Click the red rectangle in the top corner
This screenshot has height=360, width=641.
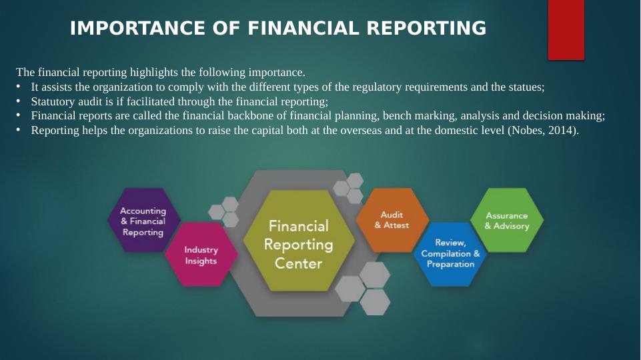point(566,31)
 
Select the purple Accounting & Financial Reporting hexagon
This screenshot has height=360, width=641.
point(143,221)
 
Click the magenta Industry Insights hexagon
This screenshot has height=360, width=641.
point(201,255)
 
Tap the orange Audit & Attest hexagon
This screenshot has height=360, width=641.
point(392,220)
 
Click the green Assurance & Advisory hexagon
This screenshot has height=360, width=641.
point(507,221)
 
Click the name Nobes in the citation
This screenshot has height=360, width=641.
point(526,130)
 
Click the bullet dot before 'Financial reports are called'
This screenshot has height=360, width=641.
point(19,115)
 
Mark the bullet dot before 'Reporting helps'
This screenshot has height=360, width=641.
point(19,129)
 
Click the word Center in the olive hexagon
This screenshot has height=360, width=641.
point(298,263)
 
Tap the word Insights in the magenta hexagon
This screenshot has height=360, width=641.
point(201,261)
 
